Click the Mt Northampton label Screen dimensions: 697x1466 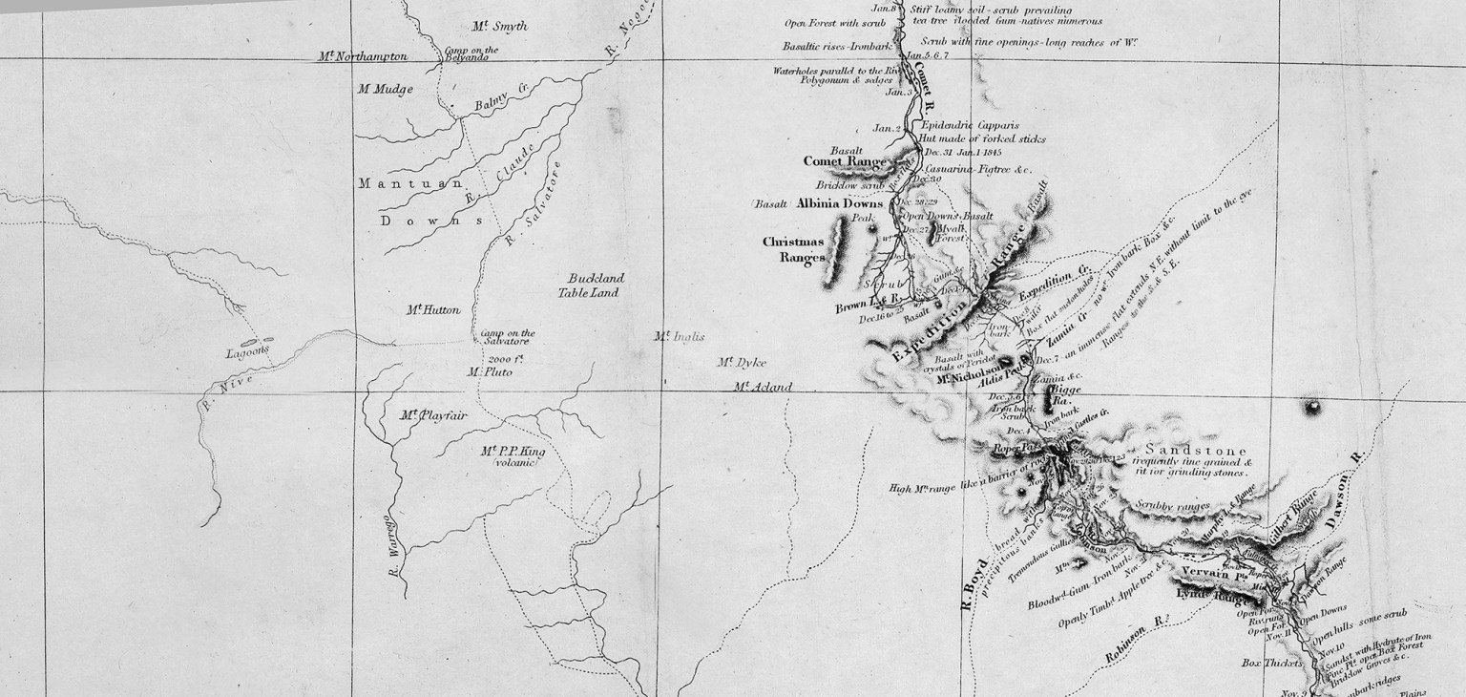[x=363, y=57]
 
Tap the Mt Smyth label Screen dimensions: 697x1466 [x=499, y=27]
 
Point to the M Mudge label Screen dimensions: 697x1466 [x=386, y=90]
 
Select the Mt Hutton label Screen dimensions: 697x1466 [x=432, y=310]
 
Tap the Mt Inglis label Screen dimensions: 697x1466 [x=679, y=336]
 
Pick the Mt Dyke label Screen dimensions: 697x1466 [x=743, y=363]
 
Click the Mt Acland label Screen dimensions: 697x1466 [x=763, y=387]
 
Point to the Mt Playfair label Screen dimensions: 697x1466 [x=424, y=415]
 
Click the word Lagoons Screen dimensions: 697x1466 [x=248, y=350]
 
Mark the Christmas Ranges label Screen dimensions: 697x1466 [x=792, y=249]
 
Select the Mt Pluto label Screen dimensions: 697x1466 [x=490, y=372]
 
